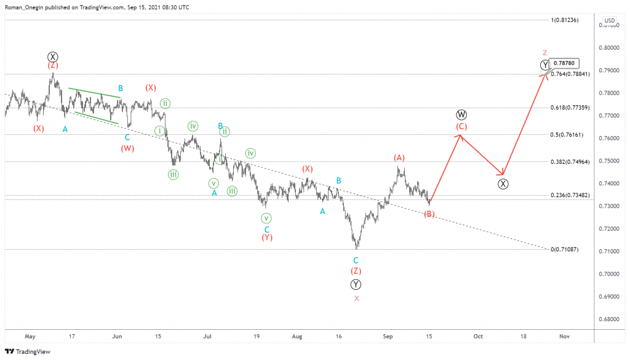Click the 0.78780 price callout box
tap(564, 63)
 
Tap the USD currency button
tap(609, 20)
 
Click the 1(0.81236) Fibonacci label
tap(565, 20)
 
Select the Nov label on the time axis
tap(564, 337)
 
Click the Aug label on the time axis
tap(297, 337)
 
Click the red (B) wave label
tap(429, 214)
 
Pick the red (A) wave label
tap(399, 158)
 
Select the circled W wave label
tap(461, 115)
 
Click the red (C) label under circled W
tap(461, 127)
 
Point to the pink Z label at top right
tap(544, 53)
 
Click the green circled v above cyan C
tap(266, 218)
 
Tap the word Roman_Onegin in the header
tap(25, 7)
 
